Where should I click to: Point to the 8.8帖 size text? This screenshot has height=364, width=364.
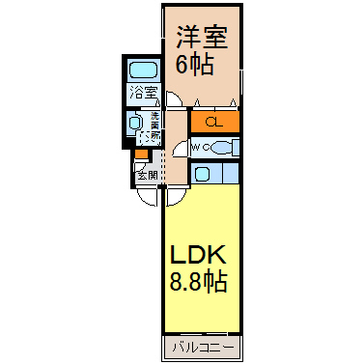pyautogui.click(x=200, y=284)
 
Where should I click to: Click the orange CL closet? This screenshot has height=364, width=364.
pyautogui.click(x=214, y=122)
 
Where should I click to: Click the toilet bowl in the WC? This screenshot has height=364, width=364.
pyautogui.click(x=220, y=148)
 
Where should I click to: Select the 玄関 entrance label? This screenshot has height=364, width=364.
pyautogui.click(x=147, y=175)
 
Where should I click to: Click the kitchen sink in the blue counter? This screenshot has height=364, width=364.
pyautogui.click(x=203, y=174)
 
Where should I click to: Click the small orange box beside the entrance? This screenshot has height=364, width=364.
pyautogui.click(x=142, y=154)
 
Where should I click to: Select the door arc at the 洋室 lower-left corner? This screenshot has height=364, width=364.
pyautogui.click(x=172, y=99)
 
